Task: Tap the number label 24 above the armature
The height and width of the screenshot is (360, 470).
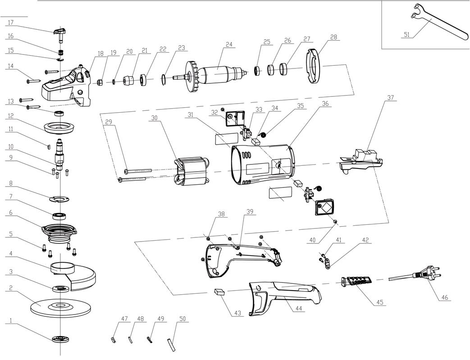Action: click(229, 44)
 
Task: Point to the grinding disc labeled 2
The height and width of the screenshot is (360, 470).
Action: click(61, 307)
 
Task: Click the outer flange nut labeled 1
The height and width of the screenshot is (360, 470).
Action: click(61, 339)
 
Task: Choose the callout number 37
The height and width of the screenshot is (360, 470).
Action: click(391, 98)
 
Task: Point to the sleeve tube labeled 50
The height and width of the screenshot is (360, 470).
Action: click(171, 345)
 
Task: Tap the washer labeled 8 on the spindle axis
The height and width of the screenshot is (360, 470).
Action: click(60, 199)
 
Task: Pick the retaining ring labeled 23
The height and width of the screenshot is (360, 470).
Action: click(163, 79)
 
